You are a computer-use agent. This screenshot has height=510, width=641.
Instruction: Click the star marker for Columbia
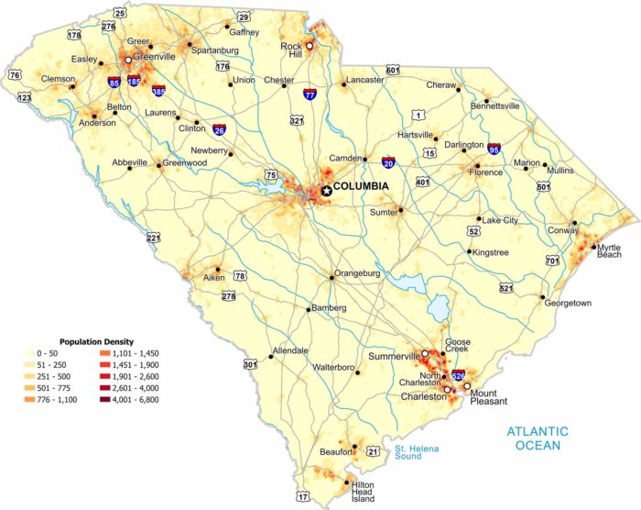(325, 189)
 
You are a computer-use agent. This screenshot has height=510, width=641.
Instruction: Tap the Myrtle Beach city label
(609, 251)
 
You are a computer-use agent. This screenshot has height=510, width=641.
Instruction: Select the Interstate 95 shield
(494, 148)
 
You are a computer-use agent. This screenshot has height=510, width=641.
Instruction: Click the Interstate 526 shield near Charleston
(459, 376)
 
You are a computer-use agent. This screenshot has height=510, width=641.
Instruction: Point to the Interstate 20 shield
(389, 162)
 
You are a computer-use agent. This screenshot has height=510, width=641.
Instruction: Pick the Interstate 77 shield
(310, 94)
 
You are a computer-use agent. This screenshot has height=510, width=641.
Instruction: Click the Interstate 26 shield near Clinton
(220, 130)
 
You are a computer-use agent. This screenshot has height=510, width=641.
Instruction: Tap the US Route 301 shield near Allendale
(250, 364)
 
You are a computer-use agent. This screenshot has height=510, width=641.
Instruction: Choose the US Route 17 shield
(303, 497)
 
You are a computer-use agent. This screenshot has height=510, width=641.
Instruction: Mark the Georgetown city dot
(543, 298)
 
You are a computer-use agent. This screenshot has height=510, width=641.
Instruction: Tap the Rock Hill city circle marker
(310, 44)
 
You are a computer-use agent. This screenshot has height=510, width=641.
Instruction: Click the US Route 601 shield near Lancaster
(393, 70)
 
